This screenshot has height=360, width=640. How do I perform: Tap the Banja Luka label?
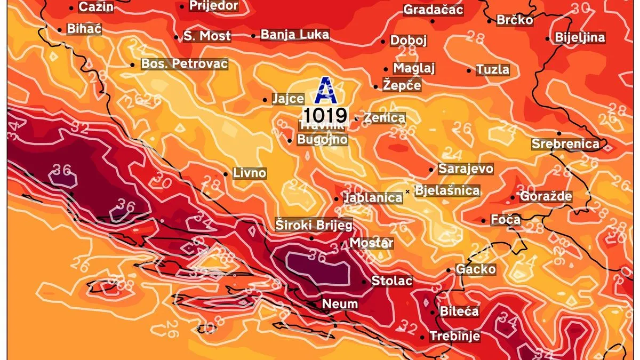pos(294,35)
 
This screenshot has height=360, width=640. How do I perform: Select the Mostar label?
pos(371,243)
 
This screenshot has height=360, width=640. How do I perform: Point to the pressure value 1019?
pos(325,115)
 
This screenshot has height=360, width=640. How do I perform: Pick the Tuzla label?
pos(492,69)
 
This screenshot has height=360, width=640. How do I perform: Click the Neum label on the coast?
pos(340,304)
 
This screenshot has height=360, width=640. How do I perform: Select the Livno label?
pos(249,173)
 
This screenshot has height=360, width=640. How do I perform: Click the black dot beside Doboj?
pos(383,41)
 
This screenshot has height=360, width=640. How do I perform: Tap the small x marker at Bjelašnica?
pos(407,191)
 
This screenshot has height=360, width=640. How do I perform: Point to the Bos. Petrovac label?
pos(184,64)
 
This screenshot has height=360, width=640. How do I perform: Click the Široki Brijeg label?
pos(314,226)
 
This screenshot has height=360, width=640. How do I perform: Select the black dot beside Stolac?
pos(364,282)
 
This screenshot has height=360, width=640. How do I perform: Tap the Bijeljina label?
pos(580,38)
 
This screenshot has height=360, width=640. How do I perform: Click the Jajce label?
pos(288,99)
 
